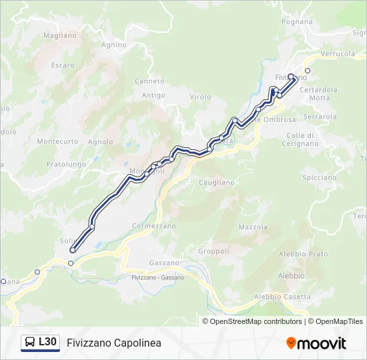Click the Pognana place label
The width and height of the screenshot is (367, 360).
pos(297,22)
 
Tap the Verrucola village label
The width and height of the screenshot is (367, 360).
pos(338,53)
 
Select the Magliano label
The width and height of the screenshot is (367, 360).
pos(60,35)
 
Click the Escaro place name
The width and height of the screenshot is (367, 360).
pos(63,65)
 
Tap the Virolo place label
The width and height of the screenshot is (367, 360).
pos(200,97)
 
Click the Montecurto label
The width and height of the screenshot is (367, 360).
pos(57,141)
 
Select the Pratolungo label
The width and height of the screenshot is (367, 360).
pos(66,164)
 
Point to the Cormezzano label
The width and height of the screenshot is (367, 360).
pos(154,226)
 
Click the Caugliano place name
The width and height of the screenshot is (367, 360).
pos(217,182)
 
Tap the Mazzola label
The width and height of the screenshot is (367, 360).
pos(253,227)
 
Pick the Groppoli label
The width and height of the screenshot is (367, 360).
pos(214,251)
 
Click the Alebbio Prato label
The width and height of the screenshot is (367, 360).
pos(304,254)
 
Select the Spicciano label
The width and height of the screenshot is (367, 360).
pos(319,178)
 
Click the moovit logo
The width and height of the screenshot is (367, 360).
pos(316,343)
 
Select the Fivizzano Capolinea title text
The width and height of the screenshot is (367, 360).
pos(114,343)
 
